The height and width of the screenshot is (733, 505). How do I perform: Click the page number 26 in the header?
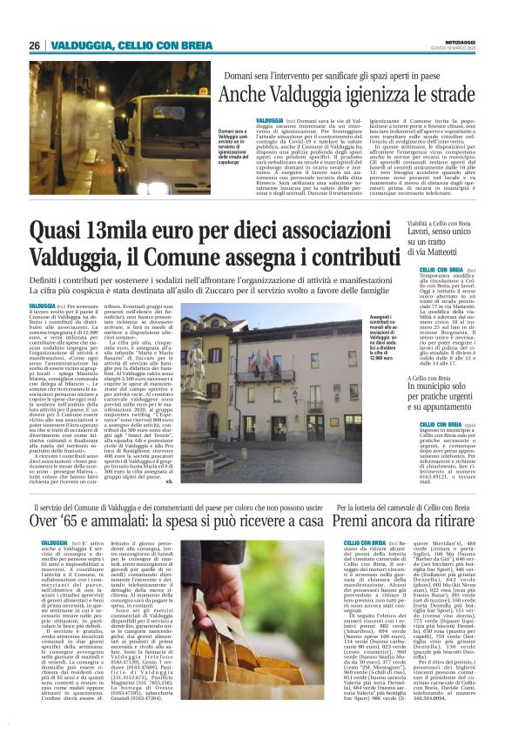click(35, 45)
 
